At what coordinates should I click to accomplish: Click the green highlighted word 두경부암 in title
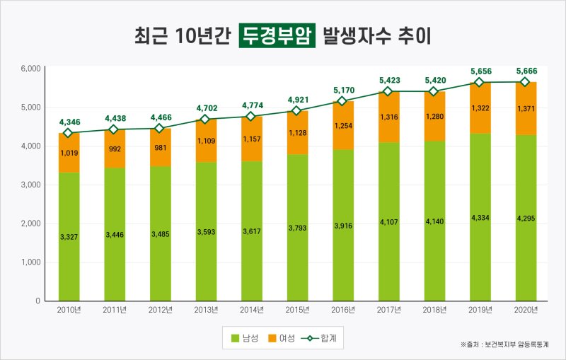(277, 35)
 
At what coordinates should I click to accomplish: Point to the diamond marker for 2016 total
(342, 101)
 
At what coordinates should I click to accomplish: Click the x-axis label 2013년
(205, 310)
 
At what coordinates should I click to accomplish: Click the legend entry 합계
(321, 339)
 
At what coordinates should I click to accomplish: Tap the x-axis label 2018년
(433, 310)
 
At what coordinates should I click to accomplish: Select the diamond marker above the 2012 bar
(160, 129)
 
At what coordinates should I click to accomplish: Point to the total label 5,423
(388, 81)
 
